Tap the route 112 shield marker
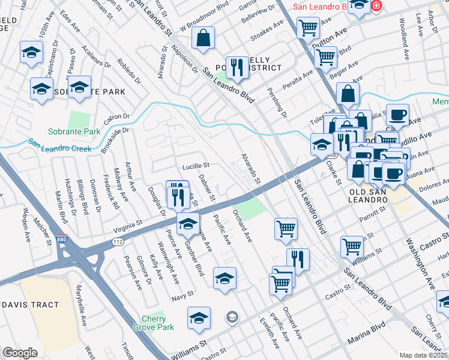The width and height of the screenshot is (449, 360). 118,242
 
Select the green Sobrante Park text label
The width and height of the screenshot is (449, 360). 74,131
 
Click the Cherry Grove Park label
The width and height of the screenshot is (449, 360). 158,323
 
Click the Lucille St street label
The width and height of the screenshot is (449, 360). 196,165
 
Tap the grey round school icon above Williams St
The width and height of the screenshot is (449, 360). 232,316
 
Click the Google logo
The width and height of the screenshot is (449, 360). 20,353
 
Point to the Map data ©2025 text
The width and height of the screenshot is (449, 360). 424,355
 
